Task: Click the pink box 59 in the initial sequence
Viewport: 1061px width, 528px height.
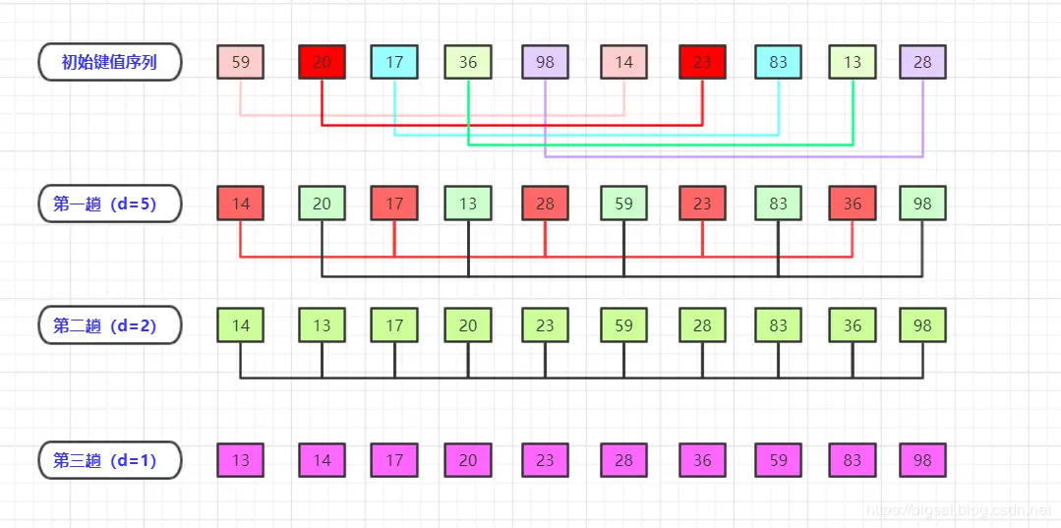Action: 241,62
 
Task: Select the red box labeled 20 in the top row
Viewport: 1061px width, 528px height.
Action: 323,62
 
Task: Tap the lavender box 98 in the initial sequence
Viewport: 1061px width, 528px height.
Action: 546,62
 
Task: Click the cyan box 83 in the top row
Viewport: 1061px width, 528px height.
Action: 779,62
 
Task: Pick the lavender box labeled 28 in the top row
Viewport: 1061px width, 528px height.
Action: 922,62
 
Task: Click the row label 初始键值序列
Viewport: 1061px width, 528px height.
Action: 109,62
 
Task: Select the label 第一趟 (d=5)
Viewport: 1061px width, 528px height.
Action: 109,204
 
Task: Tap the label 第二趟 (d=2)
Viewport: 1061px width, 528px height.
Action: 109,324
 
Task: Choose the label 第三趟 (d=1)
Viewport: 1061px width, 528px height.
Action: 109,460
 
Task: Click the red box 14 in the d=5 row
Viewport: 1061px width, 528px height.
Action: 241,204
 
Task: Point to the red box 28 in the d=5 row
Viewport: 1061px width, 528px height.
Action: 546,204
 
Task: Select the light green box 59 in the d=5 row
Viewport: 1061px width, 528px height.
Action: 624,204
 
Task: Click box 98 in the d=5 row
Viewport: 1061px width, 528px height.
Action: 922,204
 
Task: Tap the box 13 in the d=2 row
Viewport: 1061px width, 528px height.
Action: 323,325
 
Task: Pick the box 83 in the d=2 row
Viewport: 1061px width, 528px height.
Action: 779,325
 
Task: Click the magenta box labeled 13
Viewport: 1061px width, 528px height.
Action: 241,460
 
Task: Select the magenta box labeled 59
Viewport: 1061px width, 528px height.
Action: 779,460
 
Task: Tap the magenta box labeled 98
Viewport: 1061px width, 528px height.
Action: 922,460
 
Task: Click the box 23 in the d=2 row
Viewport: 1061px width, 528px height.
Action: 546,325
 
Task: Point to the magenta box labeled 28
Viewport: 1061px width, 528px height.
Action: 624,460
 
